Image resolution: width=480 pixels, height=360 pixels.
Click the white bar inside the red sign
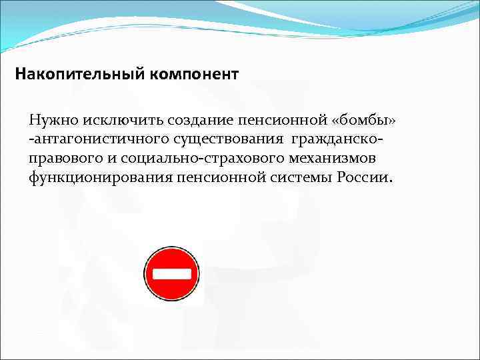pyautogui.click(x=172, y=274)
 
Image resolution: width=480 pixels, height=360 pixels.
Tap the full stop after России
pyautogui.click(x=392, y=182)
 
